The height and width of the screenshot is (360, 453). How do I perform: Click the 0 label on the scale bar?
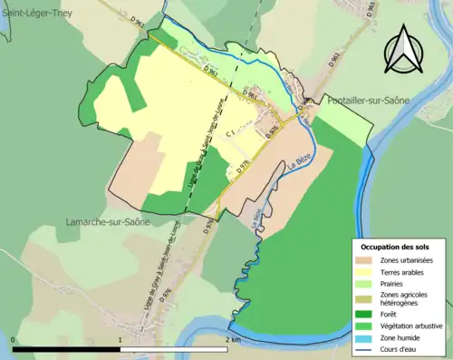pos(14,339)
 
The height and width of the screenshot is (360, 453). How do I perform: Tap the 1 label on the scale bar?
pos(120,339)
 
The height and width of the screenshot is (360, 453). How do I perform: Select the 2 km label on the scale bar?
pos(233,339)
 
